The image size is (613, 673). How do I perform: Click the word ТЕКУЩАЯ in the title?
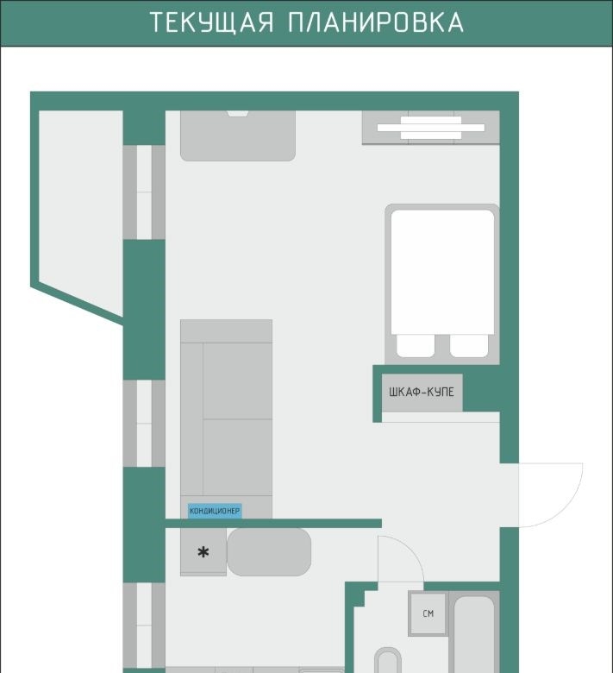(x=212, y=22)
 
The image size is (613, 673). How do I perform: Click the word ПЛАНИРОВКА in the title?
(x=376, y=22)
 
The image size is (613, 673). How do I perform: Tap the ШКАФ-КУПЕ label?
(x=422, y=392)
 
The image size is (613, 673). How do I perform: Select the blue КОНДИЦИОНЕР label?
(x=215, y=511)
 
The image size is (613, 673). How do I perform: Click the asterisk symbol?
(x=203, y=552)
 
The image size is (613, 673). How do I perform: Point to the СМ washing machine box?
(x=428, y=613)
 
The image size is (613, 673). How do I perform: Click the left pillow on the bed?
(x=416, y=346)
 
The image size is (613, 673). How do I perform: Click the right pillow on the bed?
(x=469, y=346)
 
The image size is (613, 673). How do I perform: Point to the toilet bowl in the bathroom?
(x=388, y=661)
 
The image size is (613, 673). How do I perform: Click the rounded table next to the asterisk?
(x=269, y=552)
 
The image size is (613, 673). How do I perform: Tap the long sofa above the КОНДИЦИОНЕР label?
(x=226, y=419)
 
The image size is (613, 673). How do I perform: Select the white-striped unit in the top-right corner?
(x=431, y=128)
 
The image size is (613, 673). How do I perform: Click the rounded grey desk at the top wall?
(x=238, y=135)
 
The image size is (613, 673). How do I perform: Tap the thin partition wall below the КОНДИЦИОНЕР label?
(x=273, y=523)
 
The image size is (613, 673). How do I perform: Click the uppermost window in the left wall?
(x=144, y=192)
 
